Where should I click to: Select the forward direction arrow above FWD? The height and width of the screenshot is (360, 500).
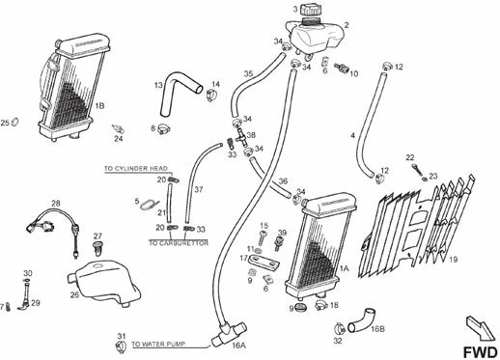tap(481, 328)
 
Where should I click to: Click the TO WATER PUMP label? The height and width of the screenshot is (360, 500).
tap(158, 344)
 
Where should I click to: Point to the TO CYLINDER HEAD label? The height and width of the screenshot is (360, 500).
tap(136, 168)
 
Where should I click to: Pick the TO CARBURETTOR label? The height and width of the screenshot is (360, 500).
tap(179, 243)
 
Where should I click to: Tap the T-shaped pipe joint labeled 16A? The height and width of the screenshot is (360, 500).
tap(229, 334)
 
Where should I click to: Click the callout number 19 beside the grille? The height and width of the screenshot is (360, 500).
tap(453, 260)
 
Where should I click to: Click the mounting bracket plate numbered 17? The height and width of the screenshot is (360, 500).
tap(264, 262)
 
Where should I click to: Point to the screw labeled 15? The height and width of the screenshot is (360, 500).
tap(264, 238)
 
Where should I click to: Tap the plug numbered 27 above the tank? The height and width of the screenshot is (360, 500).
tap(97, 248)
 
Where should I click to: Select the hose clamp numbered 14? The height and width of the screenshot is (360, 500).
tap(211, 96)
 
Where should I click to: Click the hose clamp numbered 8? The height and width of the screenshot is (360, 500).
tap(164, 129)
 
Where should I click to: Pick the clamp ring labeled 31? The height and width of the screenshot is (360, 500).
tap(121, 346)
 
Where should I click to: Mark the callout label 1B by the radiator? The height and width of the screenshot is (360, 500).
tap(99, 105)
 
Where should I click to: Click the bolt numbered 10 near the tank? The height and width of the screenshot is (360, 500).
tap(342, 68)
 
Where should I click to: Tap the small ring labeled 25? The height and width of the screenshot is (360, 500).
tap(14, 122)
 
